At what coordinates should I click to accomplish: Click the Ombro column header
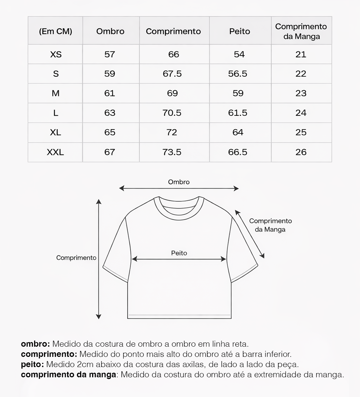coord(110,31)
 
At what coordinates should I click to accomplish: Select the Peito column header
coord(240,31)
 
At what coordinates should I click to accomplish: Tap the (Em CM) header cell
coord(56,31)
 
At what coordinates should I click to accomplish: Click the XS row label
coord(56,55)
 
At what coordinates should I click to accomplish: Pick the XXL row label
coord(56,152)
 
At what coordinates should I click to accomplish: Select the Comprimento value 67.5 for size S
coord(173,74)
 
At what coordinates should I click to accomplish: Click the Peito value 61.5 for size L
coord(238,113)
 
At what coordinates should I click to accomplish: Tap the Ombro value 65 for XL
coord(110,132)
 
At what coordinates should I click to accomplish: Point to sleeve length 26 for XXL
coord(301,152)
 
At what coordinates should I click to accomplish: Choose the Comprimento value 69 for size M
coord(173,93)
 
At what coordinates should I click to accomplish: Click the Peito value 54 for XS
coord(239,55)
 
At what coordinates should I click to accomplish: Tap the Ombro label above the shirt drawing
coord(179,182)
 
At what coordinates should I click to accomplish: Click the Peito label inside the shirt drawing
coord(179,253)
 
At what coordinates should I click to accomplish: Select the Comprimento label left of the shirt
coord(76,258)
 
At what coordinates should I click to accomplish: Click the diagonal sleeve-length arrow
coord(250,234)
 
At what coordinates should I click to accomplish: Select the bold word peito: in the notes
coord(32,364)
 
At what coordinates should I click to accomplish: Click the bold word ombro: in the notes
coord(36,344)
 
